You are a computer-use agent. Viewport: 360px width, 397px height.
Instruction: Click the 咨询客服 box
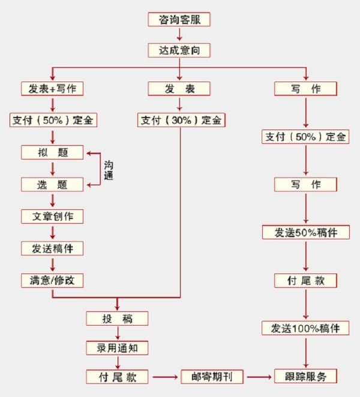coord(179,19)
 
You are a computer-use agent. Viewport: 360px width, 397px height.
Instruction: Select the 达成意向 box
coord(179,50)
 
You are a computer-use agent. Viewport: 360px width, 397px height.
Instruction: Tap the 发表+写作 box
coord(52,89)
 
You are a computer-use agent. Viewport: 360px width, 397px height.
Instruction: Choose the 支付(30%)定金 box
coord(181,120)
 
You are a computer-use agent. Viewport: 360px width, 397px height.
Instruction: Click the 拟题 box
coord(52,152)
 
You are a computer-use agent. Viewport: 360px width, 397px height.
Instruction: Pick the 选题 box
coord(52,184)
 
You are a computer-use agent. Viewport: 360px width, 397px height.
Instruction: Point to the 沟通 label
coord(109,170)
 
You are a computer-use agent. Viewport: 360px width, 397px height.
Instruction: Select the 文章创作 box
coord(52,216)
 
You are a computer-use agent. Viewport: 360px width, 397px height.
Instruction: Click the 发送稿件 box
coord(52,248)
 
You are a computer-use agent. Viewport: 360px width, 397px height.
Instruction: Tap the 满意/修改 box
coord(52,279)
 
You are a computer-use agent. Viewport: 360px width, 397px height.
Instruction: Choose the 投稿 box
coord(116,318)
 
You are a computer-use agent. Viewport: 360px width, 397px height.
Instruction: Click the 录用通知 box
coord(116,348)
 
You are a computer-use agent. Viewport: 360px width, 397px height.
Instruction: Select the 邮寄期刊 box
coord(212,377)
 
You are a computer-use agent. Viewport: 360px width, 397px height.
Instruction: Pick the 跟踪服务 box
coord(306,377)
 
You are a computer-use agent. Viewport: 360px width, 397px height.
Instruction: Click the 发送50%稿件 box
coord(306,232)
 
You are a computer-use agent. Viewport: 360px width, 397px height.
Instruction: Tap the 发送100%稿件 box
coord(306,328)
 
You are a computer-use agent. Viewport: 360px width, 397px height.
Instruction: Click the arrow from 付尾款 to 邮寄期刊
coord(164,377)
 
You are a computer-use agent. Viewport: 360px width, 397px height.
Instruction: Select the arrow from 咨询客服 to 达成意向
coord(179,35)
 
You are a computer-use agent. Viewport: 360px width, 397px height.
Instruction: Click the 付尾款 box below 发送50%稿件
coord(306,280)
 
